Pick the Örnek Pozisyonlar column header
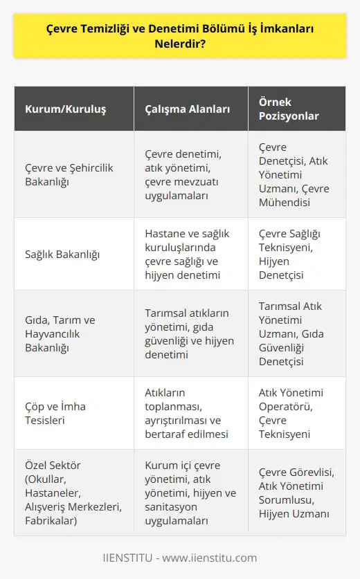pos(296,108)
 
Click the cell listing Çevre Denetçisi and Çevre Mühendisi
pos(296,174)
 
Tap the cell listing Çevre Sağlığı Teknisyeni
pos(296,255)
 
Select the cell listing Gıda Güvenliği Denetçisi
pos(296,333)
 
